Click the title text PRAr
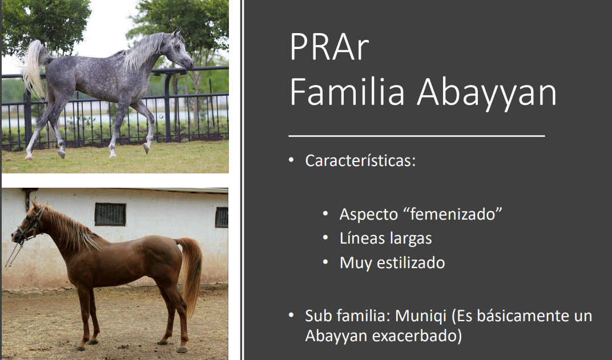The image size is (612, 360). tap(329, 47)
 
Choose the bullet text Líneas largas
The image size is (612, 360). tap(385, 238)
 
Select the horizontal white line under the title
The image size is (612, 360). tap(416, 136)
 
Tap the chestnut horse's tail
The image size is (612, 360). tap(192, 273)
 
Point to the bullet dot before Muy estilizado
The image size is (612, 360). tap(325, 262)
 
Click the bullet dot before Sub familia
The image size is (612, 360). tap(291, 315)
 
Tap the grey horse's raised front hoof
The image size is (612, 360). tap(146, 148)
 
